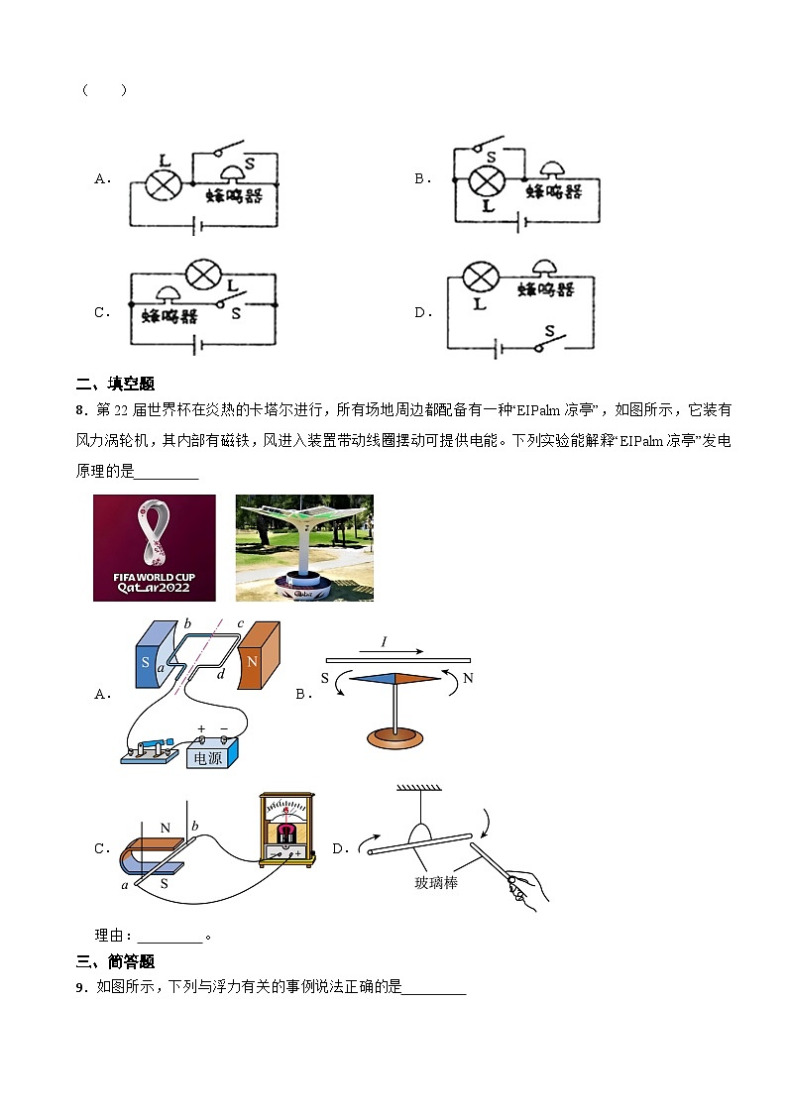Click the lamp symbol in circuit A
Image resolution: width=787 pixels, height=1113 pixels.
(x=162, y=182)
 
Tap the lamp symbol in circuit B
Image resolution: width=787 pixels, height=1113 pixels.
(x=486, y=180)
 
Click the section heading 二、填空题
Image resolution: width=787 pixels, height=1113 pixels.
(x=115, y=385)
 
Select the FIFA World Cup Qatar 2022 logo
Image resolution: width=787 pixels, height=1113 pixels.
(x=154, y=548)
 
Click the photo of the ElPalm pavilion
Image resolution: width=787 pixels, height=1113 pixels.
(x=304, y=548)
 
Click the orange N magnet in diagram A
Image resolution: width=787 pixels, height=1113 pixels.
(x=264, y=654)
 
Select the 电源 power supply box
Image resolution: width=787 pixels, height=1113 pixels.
(x=208, y=755)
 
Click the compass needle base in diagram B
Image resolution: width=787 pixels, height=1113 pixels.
(x=395, y=737)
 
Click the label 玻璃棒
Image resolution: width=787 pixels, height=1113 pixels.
(x=437, y=882)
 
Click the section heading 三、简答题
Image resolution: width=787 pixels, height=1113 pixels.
(x=115, y=961)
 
